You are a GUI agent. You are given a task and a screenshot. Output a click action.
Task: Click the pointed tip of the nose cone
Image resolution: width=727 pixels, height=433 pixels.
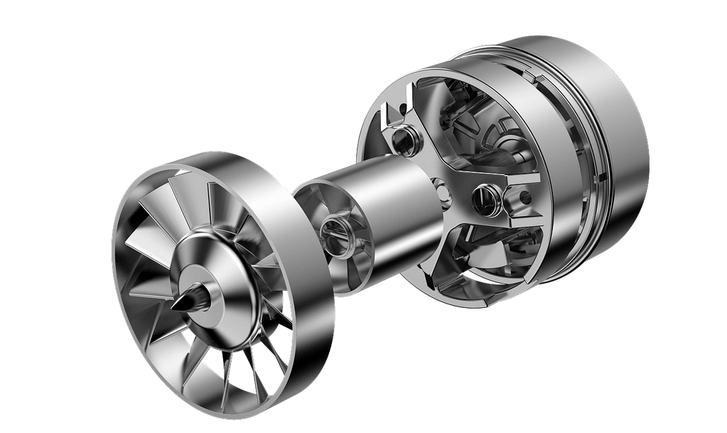[x=173, y=307]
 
